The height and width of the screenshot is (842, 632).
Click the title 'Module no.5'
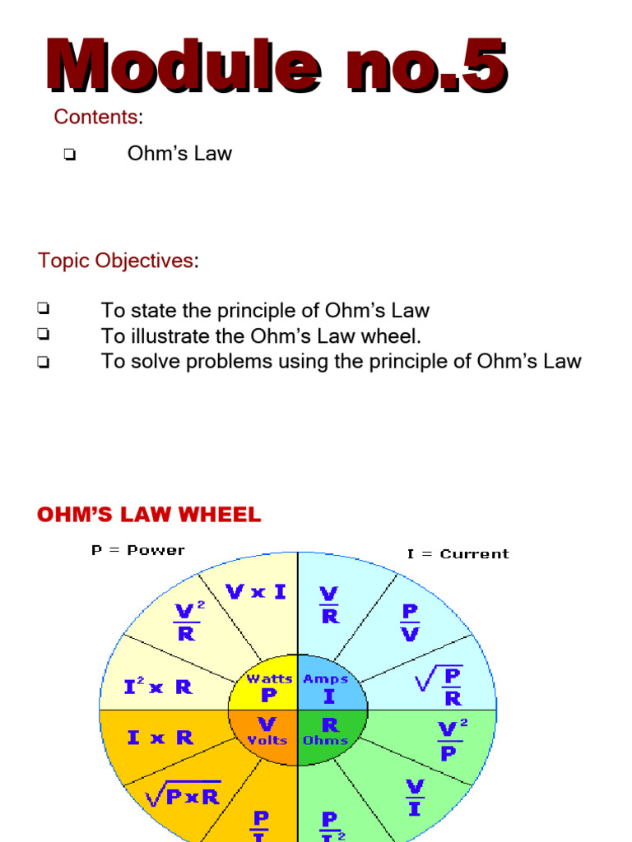tap(276, 66)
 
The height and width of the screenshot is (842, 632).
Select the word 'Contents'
tap(95, 117)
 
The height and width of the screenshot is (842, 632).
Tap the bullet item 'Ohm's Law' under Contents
tap(179, 153)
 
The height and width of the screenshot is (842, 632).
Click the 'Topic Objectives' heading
tap(115, 261)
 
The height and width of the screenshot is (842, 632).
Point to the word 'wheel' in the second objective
tap(392, 335)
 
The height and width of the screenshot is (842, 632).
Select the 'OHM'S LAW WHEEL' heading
tap(149, 516)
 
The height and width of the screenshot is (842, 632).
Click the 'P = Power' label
tap(137, 550)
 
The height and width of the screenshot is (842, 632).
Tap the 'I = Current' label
tap(458, 553)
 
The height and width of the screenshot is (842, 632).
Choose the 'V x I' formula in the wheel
tap(256, 591)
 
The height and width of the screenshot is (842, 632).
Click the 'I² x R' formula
tap(158, 686)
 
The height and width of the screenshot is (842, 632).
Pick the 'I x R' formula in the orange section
tap(160, 738)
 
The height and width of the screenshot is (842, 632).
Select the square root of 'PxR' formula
tap(182, 794)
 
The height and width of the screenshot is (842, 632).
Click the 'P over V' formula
tap(409, 622)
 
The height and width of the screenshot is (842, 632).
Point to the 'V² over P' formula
tap(449, 741)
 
